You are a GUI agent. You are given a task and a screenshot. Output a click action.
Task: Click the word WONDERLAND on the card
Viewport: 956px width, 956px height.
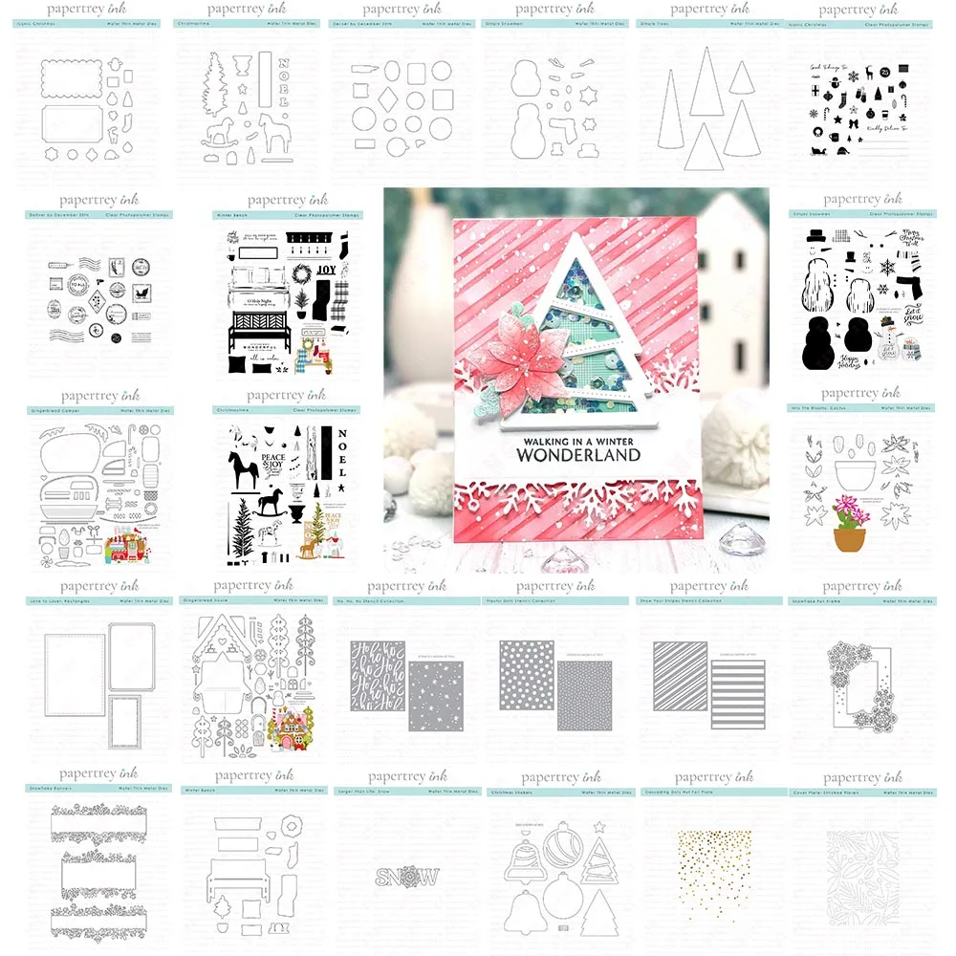[577, 455]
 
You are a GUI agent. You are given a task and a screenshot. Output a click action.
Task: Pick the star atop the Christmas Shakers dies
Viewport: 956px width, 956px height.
[600, 824]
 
